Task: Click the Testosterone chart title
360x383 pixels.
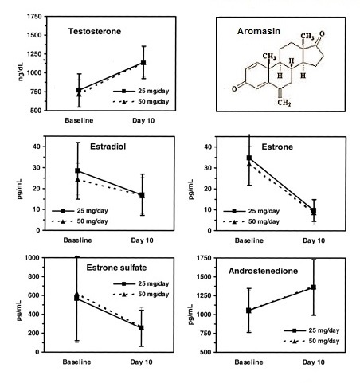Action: [x=95, y=31]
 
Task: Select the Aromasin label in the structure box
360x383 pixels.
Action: [x=259, y=31]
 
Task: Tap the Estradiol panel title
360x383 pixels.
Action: [x=108, y=147]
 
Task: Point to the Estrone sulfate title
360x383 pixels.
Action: [x=116, y=268]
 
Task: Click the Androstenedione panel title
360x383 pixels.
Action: [x=263, y=271]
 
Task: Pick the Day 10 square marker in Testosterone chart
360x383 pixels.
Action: [x=143, y=62]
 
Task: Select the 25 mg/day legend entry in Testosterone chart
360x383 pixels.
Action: [x=141, y=91]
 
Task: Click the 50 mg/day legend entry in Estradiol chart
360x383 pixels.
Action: [x=80, y=221]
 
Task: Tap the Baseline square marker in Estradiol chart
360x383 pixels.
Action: [x=77, y=170]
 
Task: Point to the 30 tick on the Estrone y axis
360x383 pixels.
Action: [x=208, y=168]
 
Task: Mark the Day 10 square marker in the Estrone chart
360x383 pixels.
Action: [x=314, y=210]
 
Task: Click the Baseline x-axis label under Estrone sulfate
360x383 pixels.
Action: [x=77, y=362]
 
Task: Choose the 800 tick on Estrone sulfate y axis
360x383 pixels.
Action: [x=33, y=276]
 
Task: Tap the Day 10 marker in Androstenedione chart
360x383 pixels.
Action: [x=314, y=287]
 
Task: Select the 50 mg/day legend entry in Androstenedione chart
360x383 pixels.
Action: [x=311, y=341]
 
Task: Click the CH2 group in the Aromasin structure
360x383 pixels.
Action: [x=284, y=103]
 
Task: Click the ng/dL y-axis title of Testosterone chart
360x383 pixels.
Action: [x=21, y=72]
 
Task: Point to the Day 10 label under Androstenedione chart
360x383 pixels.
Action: [x=314, y=362]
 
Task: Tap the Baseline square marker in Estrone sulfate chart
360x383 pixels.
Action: [x=76, y=298]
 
